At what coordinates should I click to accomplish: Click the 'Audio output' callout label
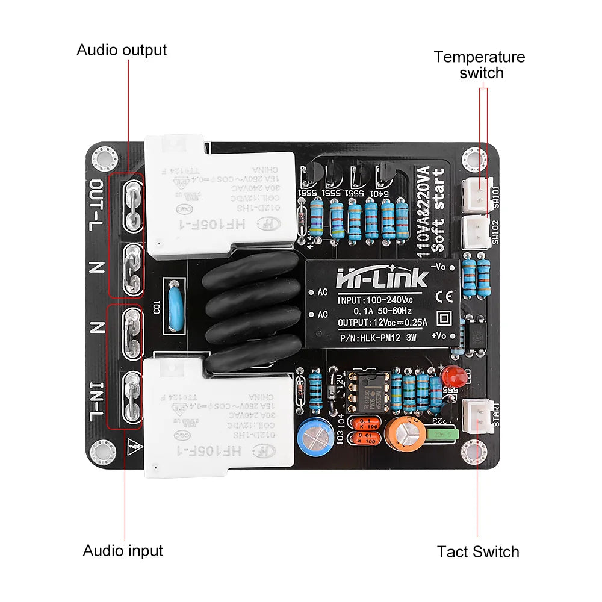click(x=122, y=49)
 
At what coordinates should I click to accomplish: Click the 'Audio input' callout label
click(x=123, y=550)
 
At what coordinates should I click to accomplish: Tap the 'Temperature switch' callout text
click(x=480, y=65)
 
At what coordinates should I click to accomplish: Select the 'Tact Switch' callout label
click(x=478, y=551)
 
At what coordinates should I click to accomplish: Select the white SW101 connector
click(x=477, y=194)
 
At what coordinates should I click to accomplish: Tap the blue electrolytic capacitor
click(x=312, y=434)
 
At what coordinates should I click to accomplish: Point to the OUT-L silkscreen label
click(x=97, y=205)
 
